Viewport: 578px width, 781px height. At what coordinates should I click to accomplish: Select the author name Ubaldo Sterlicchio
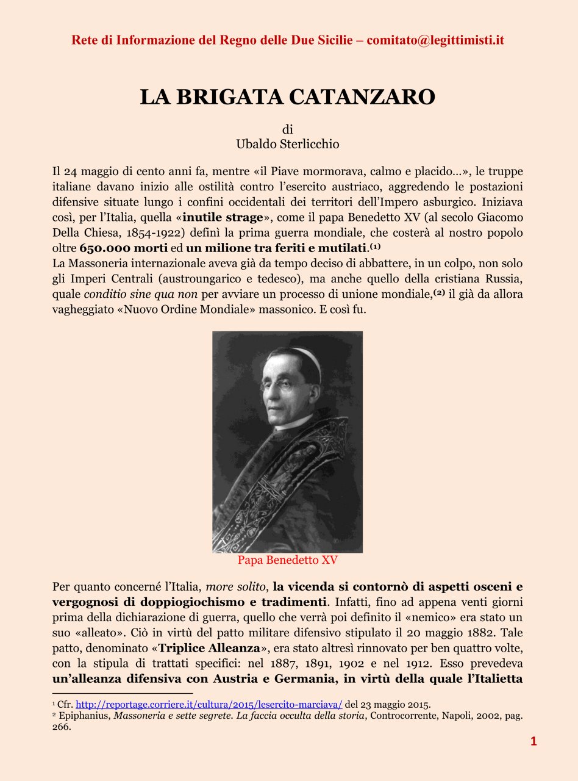coord(288,145)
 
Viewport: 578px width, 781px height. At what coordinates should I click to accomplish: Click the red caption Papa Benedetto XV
coord(288,560)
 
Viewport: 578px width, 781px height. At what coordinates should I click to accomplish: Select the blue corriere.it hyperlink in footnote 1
coord(209,704)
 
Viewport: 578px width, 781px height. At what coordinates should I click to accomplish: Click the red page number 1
coord(533,741)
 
